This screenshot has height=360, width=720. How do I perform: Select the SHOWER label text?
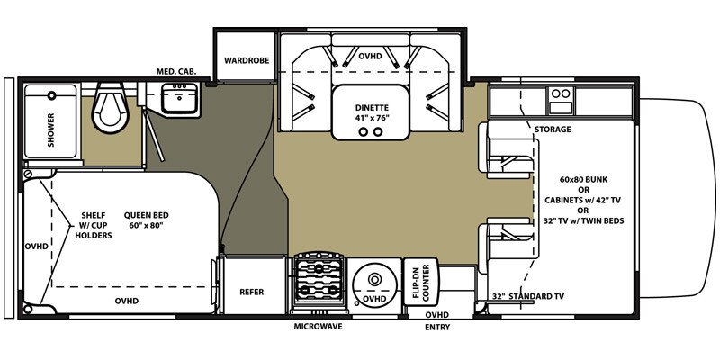pos(50,130)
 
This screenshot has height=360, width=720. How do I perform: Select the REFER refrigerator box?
pos(251,292)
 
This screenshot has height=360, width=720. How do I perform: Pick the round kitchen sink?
pos(373,283)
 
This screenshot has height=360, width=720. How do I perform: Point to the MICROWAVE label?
pos(318,327)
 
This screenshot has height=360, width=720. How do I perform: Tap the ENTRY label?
pos(436,327)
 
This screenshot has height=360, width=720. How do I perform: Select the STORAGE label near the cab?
pos(553,130)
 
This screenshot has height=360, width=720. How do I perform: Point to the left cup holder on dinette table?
pos(364,130)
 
